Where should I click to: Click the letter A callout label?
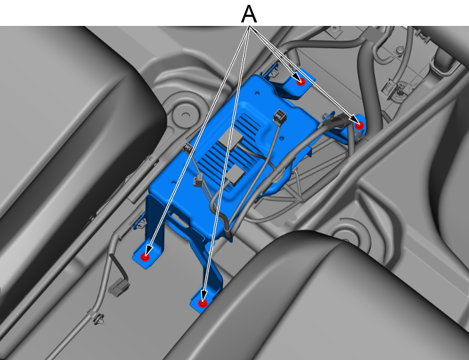249,14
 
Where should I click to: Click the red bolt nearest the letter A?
301,81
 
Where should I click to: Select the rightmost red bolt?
360,125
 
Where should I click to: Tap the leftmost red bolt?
145,256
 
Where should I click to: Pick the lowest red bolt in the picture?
203,303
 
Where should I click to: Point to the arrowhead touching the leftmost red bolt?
149,249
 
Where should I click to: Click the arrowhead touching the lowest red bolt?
204,296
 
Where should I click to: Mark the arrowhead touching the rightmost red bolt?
355,120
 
